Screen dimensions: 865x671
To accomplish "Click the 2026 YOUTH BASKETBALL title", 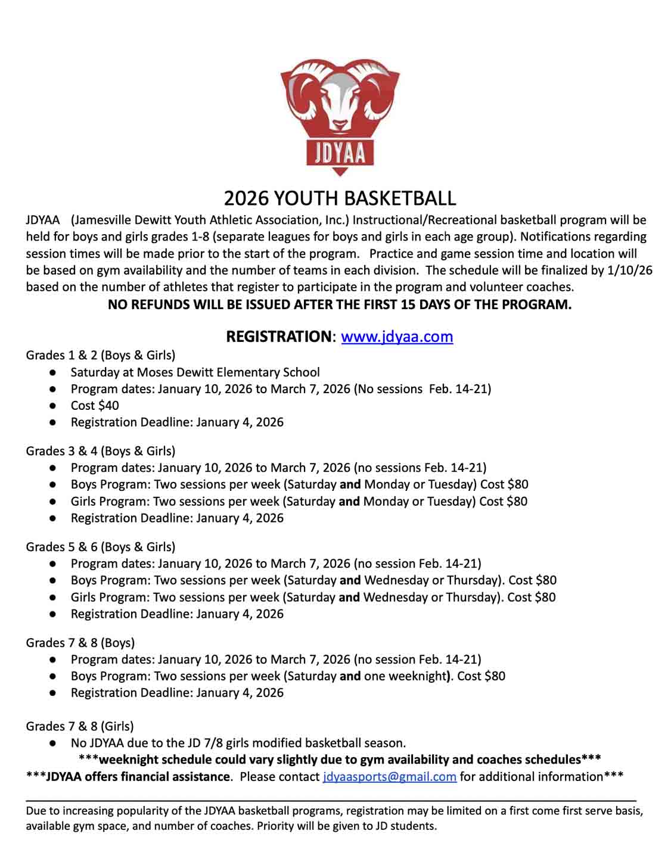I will (x=340, y=198).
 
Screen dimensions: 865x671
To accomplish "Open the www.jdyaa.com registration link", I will (x=397, y=337).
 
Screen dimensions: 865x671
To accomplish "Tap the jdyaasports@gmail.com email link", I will (x=389, y=777).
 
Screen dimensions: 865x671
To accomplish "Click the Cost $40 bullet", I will (x=95, y=406).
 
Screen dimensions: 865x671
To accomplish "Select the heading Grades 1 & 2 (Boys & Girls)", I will (x=100, y=356).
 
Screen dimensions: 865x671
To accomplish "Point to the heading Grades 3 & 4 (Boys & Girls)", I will (x=100, y=451).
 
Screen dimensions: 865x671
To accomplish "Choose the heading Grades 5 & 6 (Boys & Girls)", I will (x=100, y=547).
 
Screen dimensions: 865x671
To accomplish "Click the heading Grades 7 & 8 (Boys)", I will (x=80, y=643).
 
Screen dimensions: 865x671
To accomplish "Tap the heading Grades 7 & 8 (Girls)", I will (x=80, y=726).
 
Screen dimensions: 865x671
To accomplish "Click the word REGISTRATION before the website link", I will (x=278, y=337).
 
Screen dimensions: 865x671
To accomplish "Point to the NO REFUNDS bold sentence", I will (x=340, y=304).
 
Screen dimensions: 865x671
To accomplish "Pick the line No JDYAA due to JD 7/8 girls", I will (x=238, y=743).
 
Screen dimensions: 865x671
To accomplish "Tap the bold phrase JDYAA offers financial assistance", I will (x=138, y=777).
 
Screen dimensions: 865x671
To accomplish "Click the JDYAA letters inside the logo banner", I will (x=340, y=153).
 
